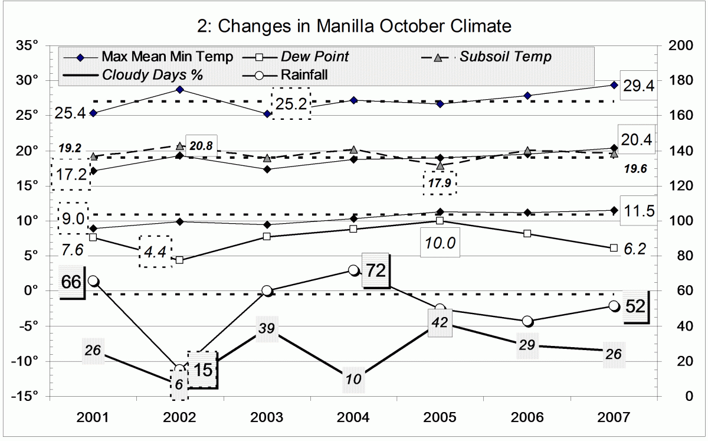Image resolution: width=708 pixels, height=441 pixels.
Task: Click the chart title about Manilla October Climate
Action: tap(353, 26)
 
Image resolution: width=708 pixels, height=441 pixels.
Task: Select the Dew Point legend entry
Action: tap(314, 57)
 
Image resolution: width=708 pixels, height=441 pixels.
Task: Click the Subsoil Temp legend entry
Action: tap(506, 57)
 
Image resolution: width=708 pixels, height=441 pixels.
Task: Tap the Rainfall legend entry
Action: tap(304, 75)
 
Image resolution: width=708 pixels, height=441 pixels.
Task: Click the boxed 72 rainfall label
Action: tap(376, 272)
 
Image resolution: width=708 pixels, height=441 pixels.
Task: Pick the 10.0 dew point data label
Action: tap(440, 243)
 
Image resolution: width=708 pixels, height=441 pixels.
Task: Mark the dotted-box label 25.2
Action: tap(290, 104)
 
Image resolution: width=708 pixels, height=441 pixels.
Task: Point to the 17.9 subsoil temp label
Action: tap(440, 183)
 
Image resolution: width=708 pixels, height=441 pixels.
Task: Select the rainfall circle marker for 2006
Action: tap(527, 321)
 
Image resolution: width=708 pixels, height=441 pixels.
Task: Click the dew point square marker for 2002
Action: tap(180, 260)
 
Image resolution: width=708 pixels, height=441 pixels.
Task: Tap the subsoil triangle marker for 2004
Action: tap(353, 150)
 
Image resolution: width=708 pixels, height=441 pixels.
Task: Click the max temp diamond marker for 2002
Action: tap(180, 90)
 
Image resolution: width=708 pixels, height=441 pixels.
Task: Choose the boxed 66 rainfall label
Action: tap(71, 282)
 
